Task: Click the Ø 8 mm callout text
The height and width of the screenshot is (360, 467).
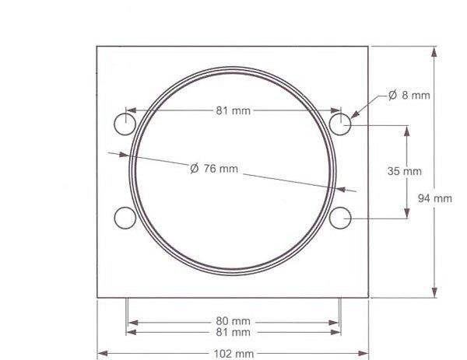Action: coord(409,95)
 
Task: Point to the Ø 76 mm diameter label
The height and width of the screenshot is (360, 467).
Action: coord(214,169)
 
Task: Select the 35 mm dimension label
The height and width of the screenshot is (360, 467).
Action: coord(405,171)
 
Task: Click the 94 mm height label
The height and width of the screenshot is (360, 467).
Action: coord(435,198)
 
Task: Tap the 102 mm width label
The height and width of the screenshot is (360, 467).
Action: coord(233,354)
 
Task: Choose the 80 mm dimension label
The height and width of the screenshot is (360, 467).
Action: coord(233,321)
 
